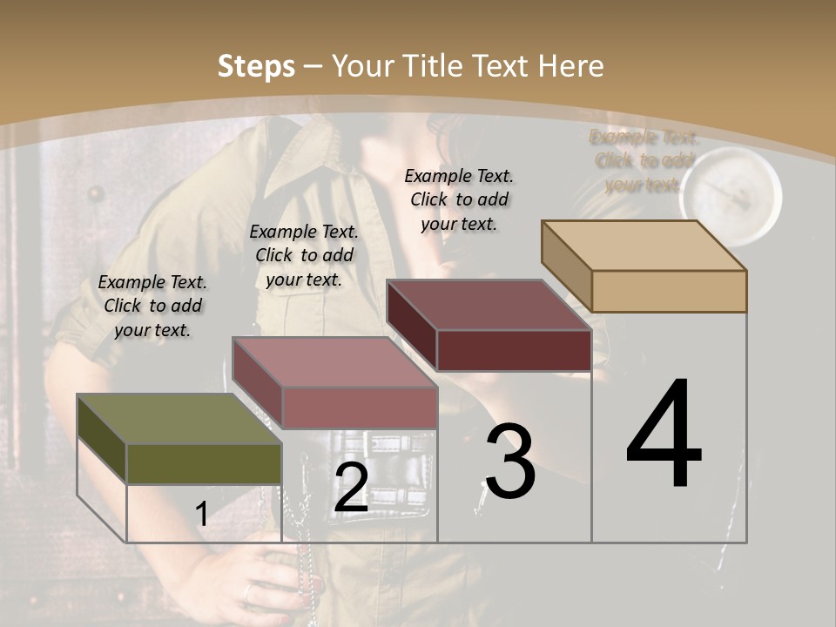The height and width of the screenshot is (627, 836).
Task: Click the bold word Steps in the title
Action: tap(256, 66)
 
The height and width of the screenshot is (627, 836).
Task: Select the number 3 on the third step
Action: tap(510, 462)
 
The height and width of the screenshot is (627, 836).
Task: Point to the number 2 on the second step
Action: tap(351, 488)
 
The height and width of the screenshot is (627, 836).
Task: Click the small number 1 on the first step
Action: tap(202, 514)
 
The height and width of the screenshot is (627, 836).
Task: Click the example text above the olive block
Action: tap(152, 306)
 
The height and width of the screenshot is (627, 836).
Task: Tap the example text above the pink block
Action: tap(304, 255)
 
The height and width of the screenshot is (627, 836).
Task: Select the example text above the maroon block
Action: tap(459, 199)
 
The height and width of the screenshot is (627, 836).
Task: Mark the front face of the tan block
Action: tap(669, 291)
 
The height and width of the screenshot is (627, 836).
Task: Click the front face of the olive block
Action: tap(204, 463)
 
